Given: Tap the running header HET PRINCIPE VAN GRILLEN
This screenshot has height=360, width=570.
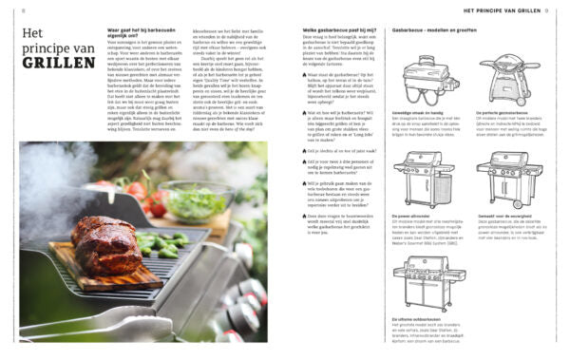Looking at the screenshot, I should tap(502, 10).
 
